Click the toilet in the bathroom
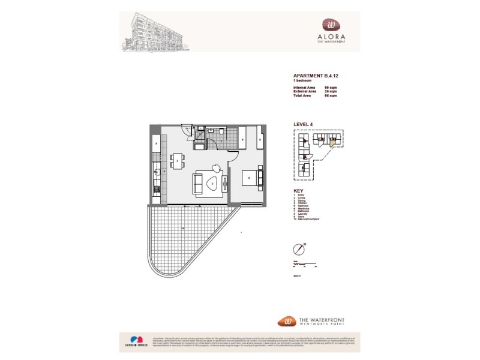(x=221, y=131)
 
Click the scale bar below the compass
(x=304, y=263)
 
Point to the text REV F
(x=296, y=275)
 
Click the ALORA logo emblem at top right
(x=331, y=23)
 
